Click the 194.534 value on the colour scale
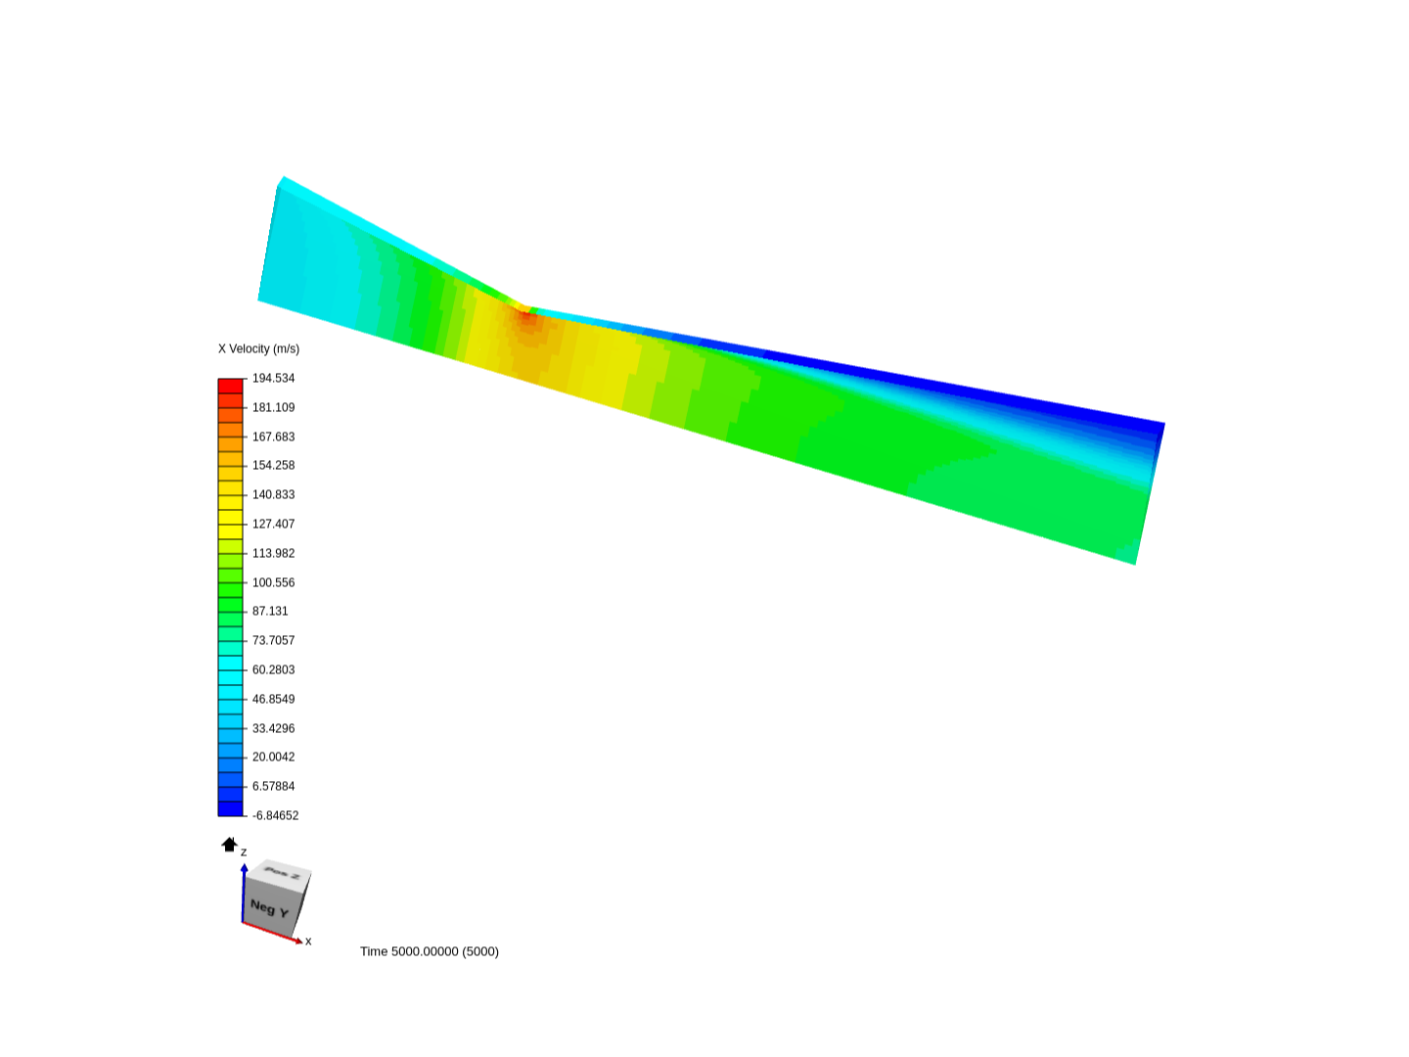coord(273,378)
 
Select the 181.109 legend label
coord(273,407)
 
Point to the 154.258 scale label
coord(273,465)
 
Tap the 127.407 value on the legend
coord(273,524)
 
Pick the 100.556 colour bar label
coord(273,582)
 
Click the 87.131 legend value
coord(270,611)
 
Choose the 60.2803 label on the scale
coord(273,670)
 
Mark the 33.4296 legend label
coord(273,728)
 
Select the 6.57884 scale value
coord(273,786)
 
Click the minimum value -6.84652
coord(275,815)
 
